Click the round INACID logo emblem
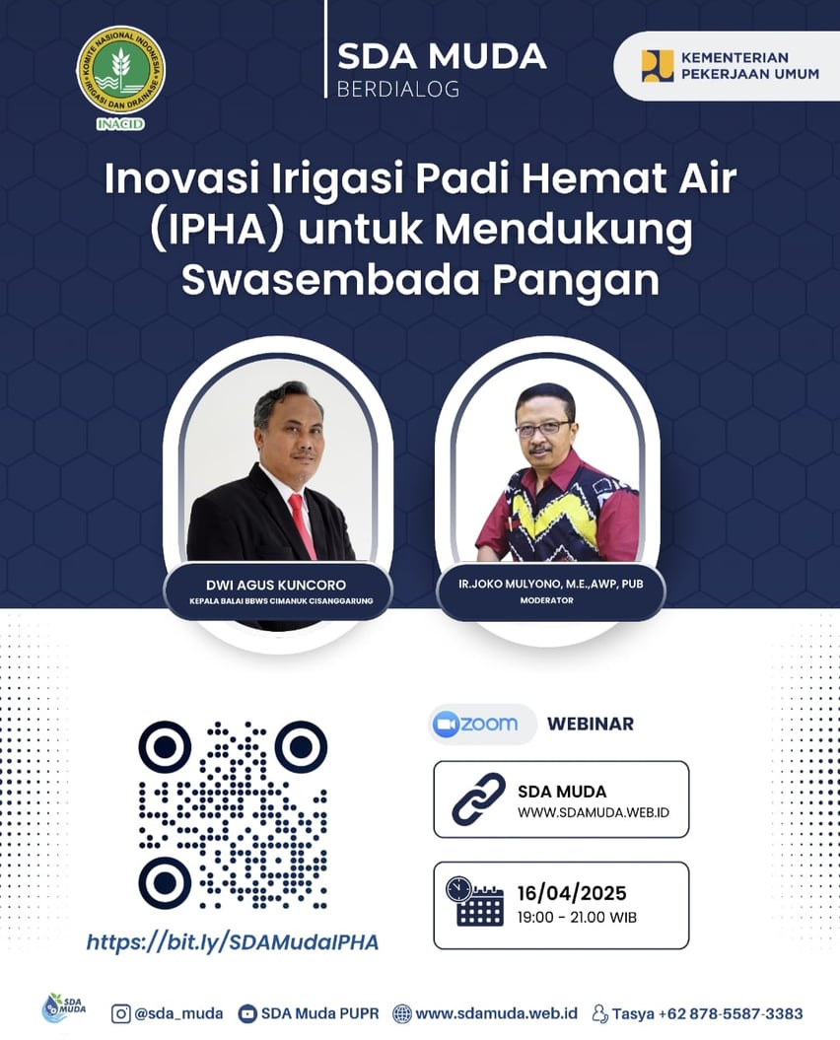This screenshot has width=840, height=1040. pyautogui.click(x=120, y=70)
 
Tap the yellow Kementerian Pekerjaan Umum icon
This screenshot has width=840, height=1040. pyautogui.click(x=657, y=66)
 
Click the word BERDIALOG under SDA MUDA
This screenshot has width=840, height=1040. pyautogui.click(x=398, y=89)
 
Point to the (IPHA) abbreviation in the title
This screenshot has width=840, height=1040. pyautogui.click(x=216, y=230)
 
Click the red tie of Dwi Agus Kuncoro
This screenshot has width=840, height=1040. pyautogui.click(x=302, y=525)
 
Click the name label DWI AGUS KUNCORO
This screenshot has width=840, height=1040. pyautogui.click(x=276, y=585)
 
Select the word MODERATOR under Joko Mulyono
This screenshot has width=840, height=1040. pyautogui.click(x=547, y=600)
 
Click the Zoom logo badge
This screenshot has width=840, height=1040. pyautogui.click(x=482, y=724)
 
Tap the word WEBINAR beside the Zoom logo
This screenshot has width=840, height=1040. pyautogui.click(x=591, y=724)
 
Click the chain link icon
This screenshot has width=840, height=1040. pyautogui.click(x=478, y=798)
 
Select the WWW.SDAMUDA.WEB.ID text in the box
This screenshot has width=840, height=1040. pyautogui.click(x=594, y=812)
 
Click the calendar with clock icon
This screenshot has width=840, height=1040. pyautogui.click(x=474, y=901)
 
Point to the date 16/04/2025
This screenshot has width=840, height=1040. pyautogui.click(x=572, y=893)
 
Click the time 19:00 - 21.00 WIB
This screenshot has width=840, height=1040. pyautogui.click(x=577, y=918)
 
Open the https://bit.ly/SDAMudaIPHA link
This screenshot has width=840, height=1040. pyautogui.click(x=233, y=942)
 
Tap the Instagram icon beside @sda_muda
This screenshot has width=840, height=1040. pyautogui.click(x=120, y=1013)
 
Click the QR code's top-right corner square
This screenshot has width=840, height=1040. pyautogui.click(x=301, y=747)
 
